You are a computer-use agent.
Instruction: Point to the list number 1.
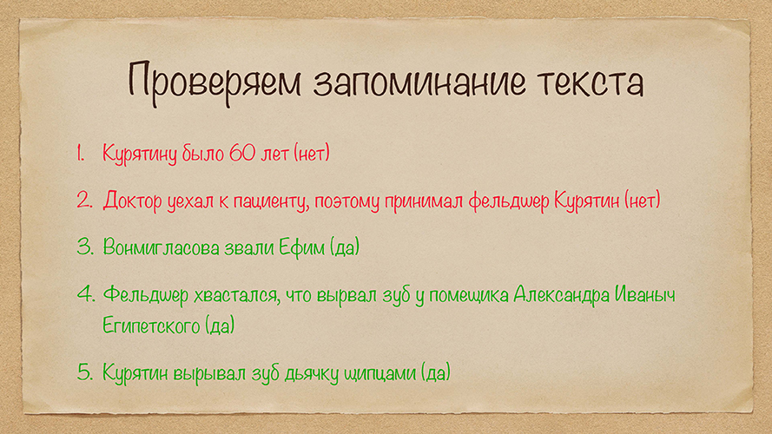pyautogui.click(x=80, y=153)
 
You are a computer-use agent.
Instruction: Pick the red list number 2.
pyautogui.click(x=84, y=201)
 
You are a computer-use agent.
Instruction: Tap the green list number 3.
pyautogui.click(x=85, y=247)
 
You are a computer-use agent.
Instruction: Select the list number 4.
pyautogui.click(x=86, y=294)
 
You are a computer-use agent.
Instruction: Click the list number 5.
pyautogui.click(x=85, y=372)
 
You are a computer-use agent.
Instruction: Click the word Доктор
pyautogui.click(x=132, y=201)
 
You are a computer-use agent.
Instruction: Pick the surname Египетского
pyautogui.click(x=150, y=325)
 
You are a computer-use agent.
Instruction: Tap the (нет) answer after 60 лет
pyautogui.click(x=312, y=154)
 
